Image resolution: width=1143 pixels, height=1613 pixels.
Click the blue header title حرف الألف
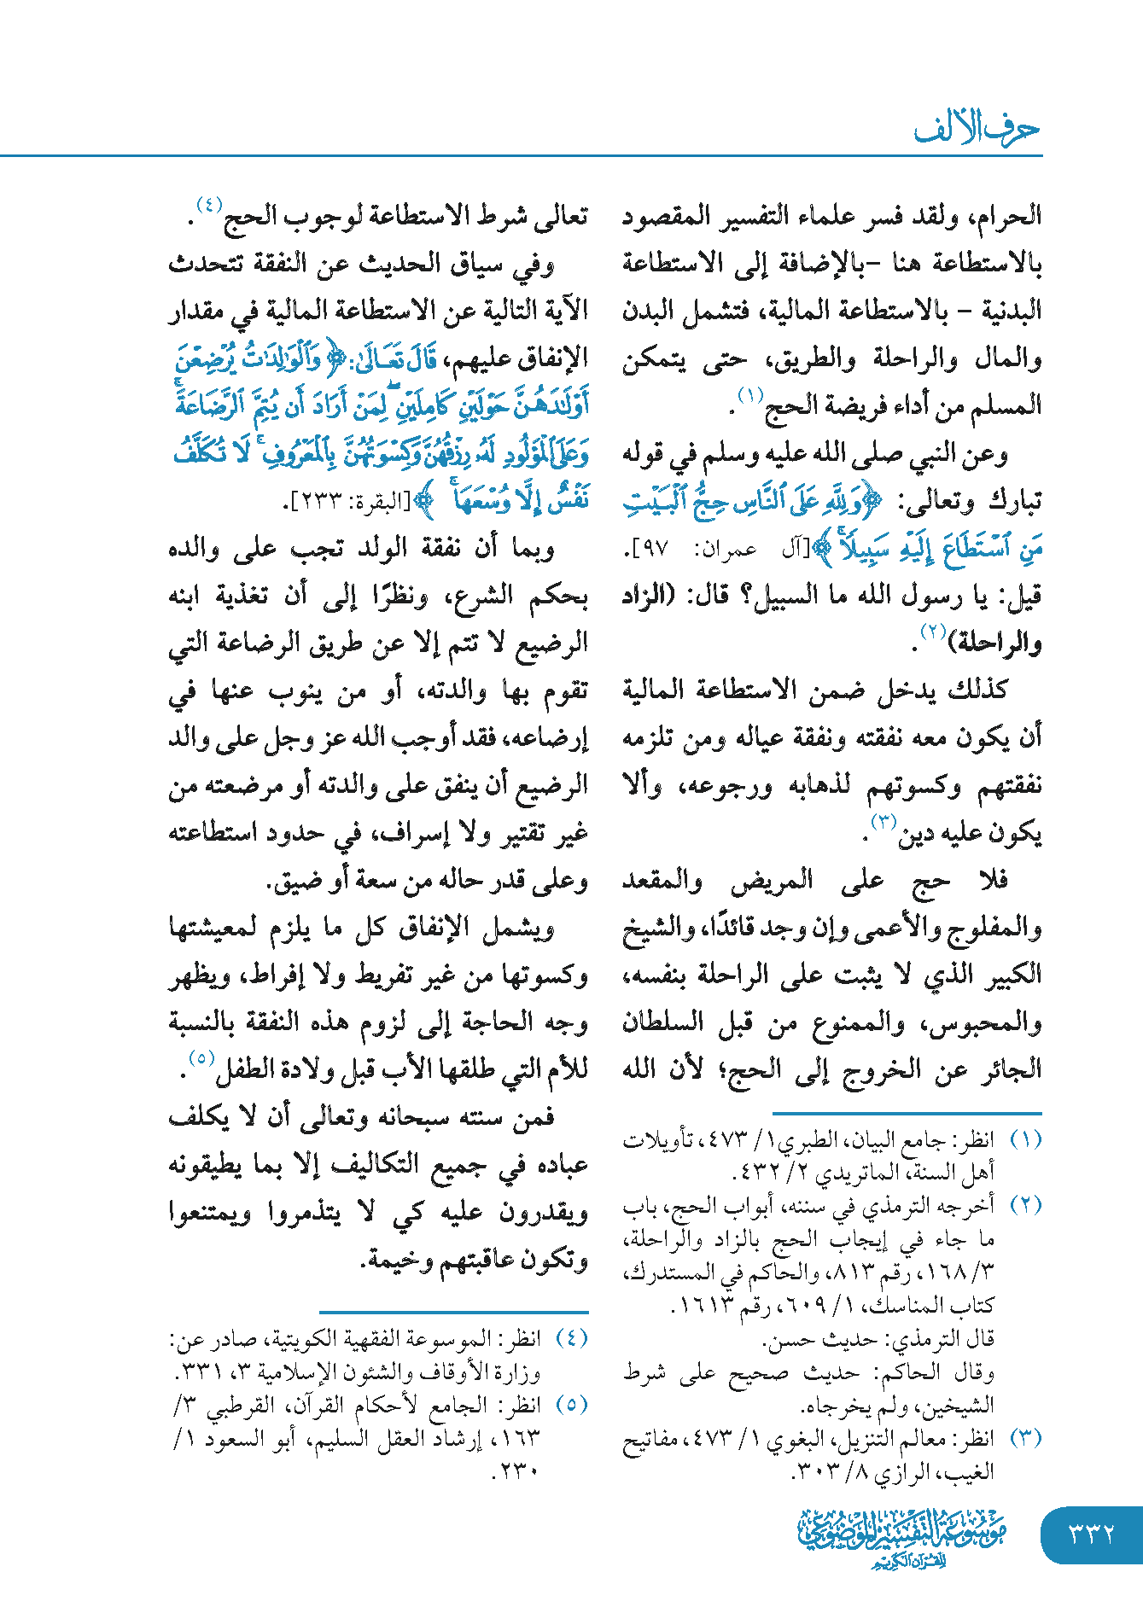(x=977, y=128)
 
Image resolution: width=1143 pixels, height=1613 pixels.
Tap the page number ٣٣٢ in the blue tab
(x=1092, y=1534)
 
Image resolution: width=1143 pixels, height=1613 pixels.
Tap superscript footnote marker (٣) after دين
(x=882, y=821)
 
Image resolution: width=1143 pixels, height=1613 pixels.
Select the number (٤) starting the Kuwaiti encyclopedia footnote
(x=572, y=1337)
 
